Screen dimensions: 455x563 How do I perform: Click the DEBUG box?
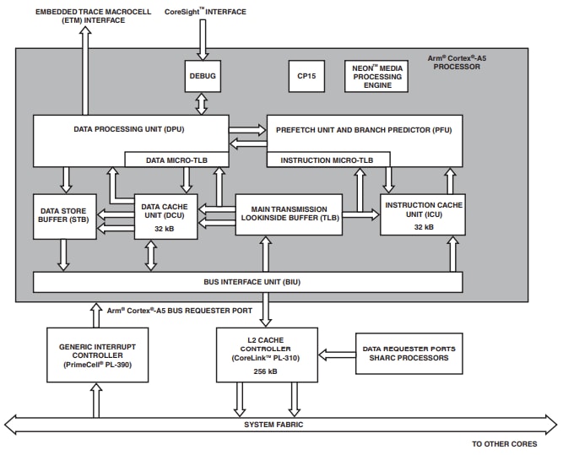[x=202, y=77]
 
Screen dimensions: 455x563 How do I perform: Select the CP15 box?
[x=305, y=76]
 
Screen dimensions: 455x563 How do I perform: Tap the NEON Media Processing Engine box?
[x=377, y=77]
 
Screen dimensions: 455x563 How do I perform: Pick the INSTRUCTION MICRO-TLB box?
[x=328, y=160]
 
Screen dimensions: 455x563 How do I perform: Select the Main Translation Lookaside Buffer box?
[x=288, y=214]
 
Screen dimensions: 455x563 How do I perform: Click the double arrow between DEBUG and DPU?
[x=202, y=104]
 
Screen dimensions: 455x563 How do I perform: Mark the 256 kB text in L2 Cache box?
[x=266, y=371]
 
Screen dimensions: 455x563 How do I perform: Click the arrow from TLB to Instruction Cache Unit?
[x=360, y=214]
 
